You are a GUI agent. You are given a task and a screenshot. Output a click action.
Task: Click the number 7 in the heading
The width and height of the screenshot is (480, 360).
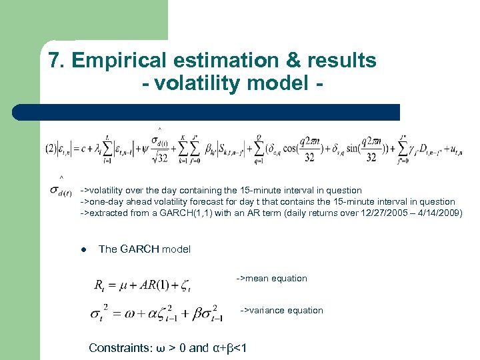pyautogui.click(x=55, y=61)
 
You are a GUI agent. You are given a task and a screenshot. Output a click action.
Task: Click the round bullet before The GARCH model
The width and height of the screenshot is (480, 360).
pyautogui.click(x=84, y=249)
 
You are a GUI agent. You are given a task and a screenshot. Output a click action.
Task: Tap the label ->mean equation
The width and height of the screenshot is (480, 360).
pyautogui.click(x=271, y=278)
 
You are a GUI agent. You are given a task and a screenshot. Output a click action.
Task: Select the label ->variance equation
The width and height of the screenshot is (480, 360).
pyautogui.click(x=281, y=310)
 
